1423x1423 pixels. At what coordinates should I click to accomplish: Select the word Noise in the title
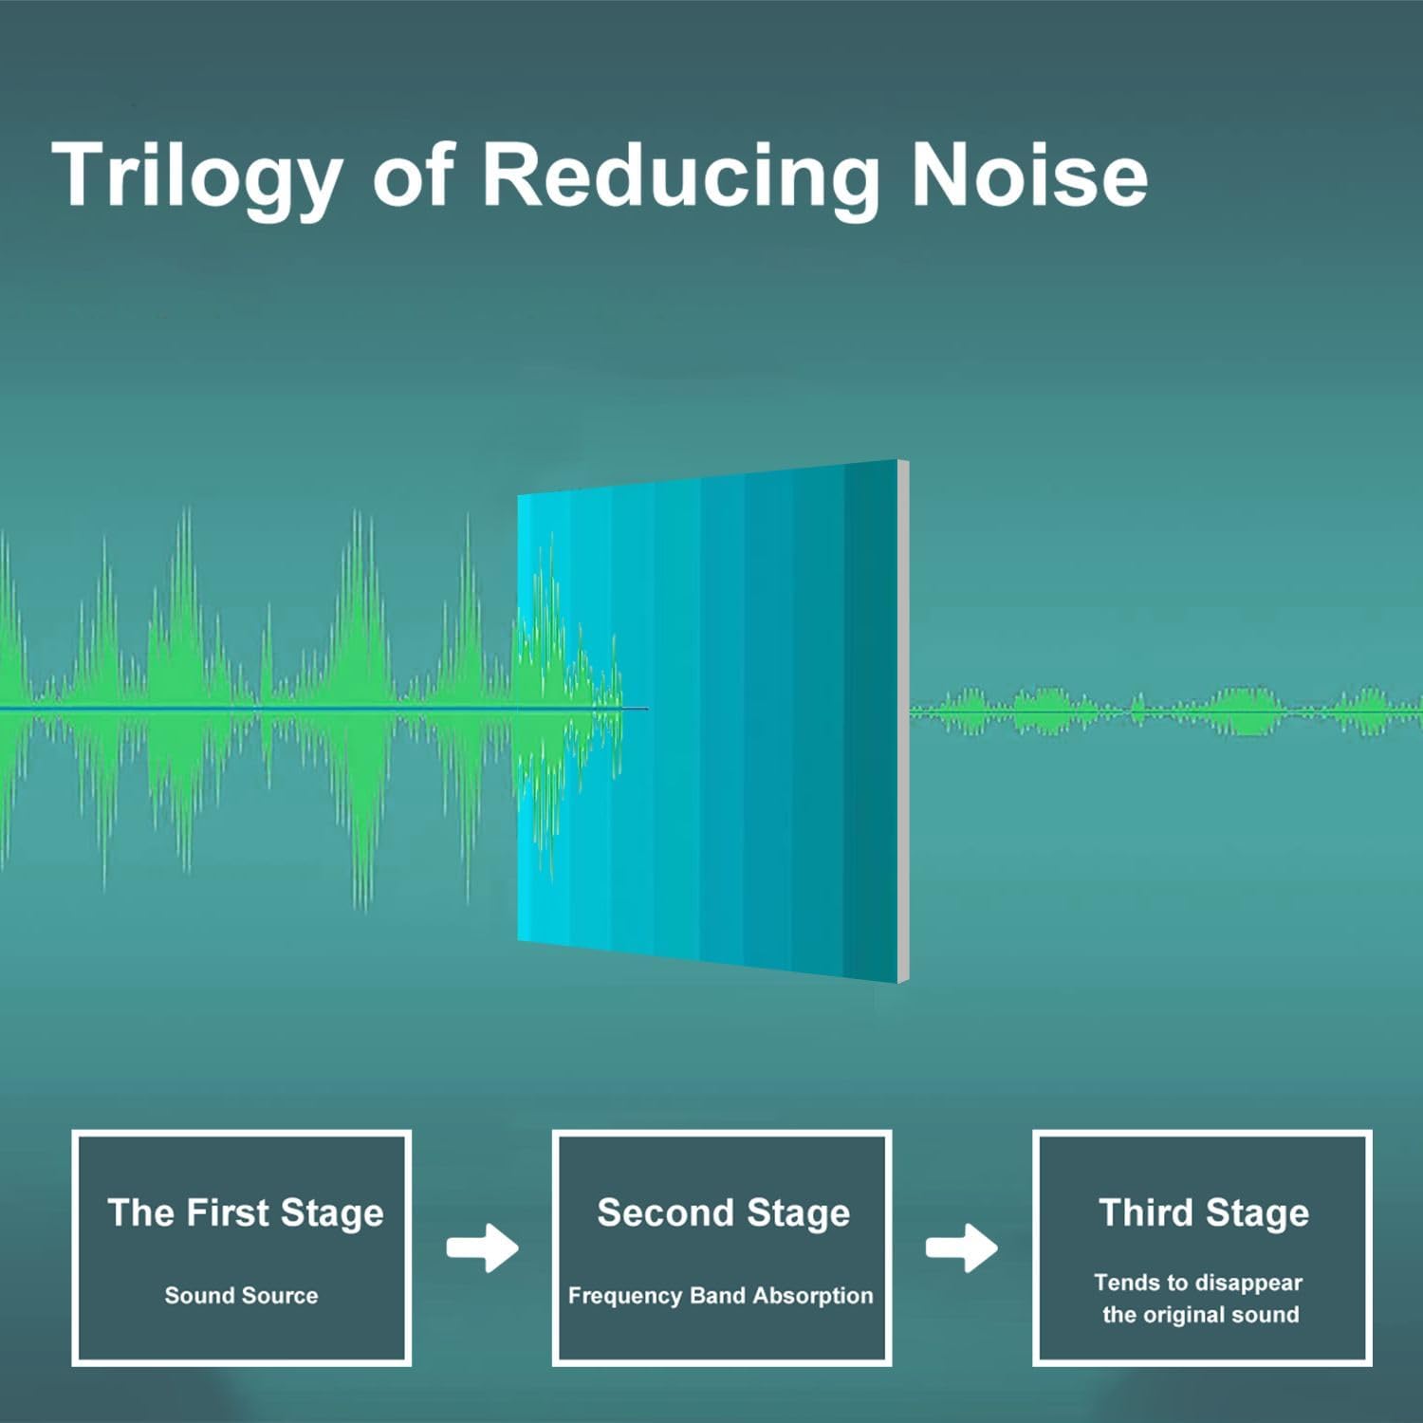1029,175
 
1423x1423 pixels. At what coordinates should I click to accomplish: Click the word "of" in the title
413,175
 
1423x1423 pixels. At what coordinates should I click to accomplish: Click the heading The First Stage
246,1213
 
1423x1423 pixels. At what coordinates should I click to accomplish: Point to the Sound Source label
241,1295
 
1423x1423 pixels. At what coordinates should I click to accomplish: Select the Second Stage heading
723,1213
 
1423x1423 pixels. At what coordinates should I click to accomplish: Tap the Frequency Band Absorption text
721,1296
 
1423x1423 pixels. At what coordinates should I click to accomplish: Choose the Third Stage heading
1204,1213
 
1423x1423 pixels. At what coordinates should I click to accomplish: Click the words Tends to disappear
1198,1284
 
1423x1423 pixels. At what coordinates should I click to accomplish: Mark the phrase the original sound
1201,1315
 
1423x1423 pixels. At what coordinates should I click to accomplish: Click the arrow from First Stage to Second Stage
483,1247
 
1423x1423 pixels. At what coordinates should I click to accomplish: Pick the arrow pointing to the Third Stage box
962,1247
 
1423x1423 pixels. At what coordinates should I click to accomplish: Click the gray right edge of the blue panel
903,721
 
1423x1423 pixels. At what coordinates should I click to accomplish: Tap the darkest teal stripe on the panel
871,721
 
